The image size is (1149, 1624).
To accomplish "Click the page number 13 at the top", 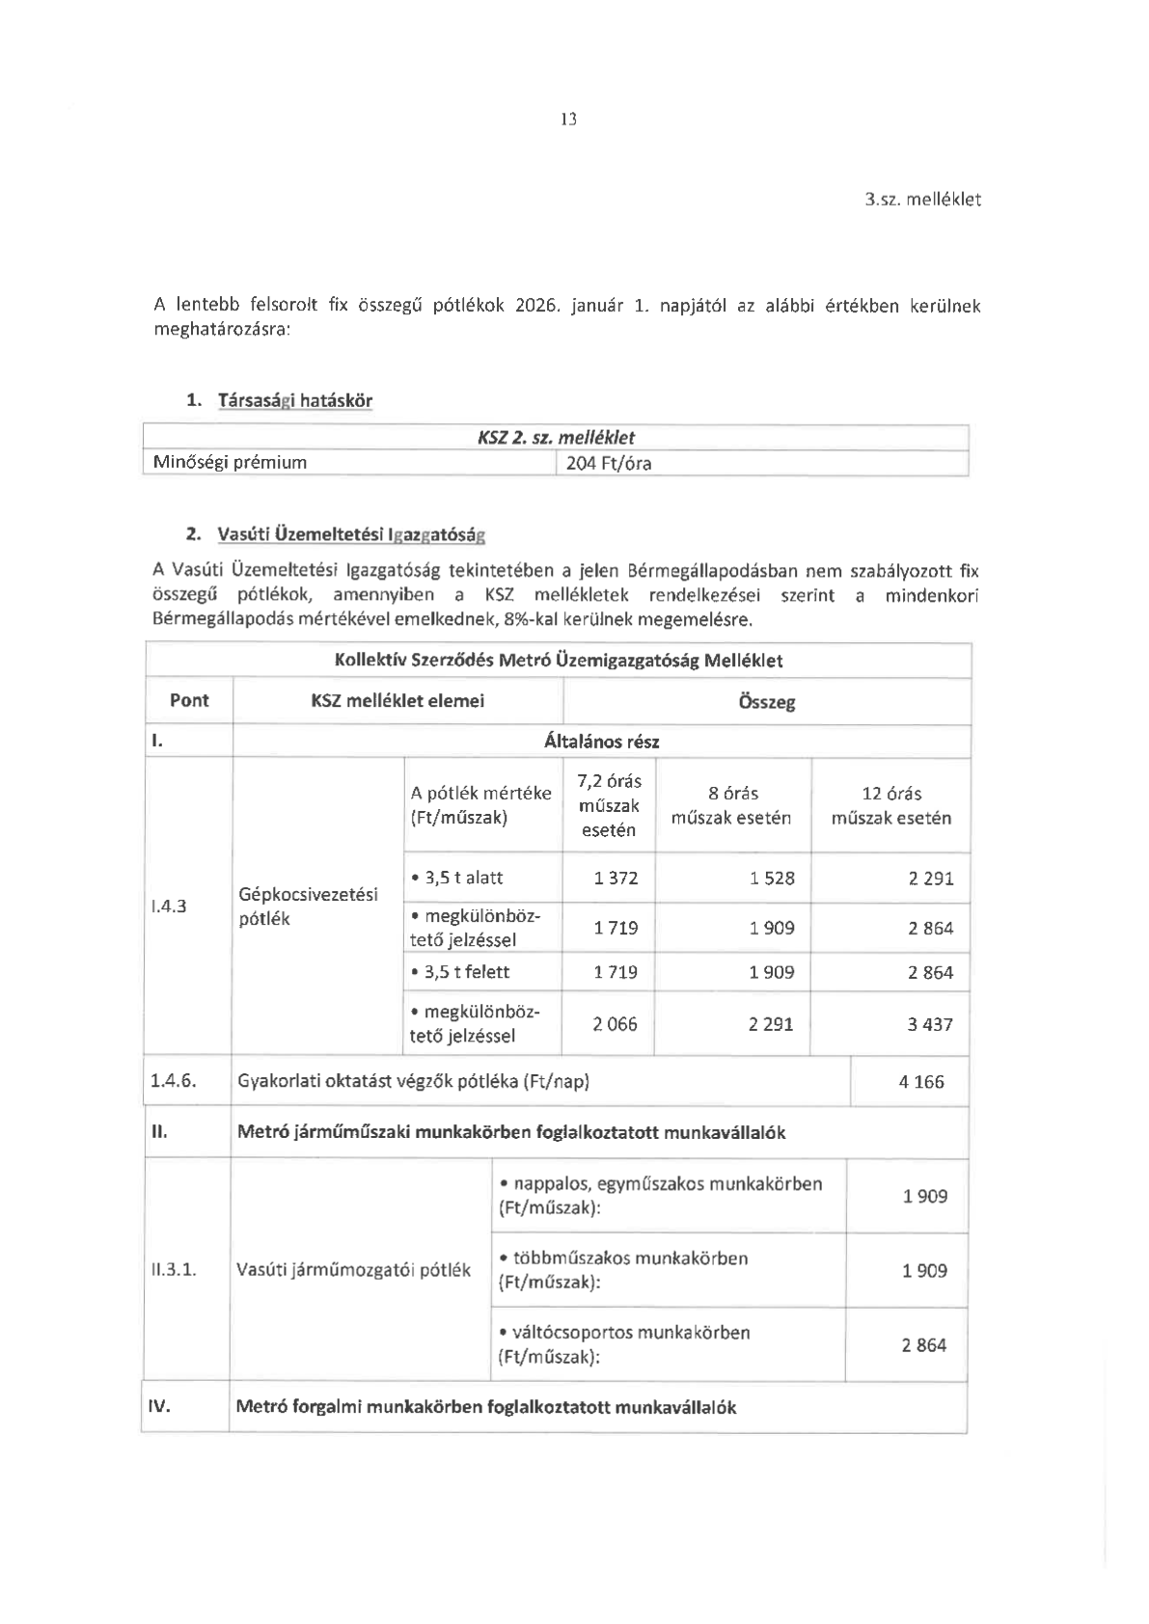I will coord(568,120).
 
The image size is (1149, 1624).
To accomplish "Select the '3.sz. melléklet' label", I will coord(922,200).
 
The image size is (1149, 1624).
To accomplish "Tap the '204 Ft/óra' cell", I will coord(609,463).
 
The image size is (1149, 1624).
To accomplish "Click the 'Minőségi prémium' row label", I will coord(231,462).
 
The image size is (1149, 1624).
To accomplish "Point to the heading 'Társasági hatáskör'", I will coord(294,400).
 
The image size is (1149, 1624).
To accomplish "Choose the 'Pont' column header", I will coord(189,701).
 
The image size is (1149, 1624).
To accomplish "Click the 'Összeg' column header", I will coord(766,702).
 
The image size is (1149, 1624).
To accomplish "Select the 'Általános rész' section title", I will coord(601,742).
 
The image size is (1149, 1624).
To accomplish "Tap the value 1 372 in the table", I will coord(616,879).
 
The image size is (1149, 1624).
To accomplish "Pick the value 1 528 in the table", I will coord(772,879).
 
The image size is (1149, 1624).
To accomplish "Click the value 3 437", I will coord(929,1024).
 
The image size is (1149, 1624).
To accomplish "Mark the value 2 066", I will coord(616,1024).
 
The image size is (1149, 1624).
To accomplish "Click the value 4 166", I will coord(921,1082).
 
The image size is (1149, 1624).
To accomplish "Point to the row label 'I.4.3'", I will coord(169,906).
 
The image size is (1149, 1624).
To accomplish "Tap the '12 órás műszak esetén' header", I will coord(890,805).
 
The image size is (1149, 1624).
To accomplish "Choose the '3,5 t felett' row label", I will coord(460,972).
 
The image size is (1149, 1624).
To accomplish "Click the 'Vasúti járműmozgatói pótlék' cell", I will coord(353,1270).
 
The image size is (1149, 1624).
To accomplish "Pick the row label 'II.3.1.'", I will coord(174,1270).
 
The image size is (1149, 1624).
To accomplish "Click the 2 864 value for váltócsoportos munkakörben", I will coord(924,1345).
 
